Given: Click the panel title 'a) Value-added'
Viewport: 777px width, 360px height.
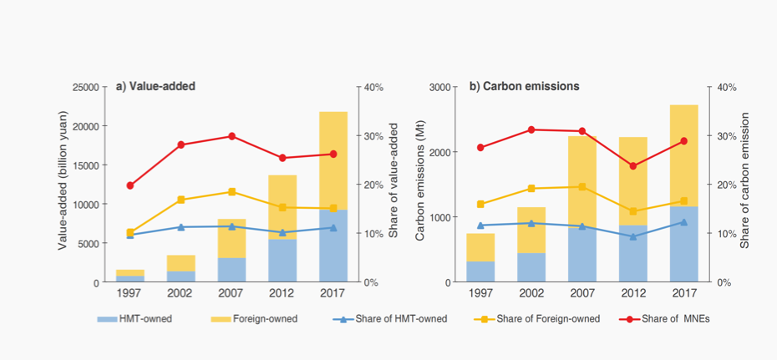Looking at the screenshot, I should click(x=161, y=86).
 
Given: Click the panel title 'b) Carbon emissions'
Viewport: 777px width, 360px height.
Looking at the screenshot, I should click(x=524, y=86).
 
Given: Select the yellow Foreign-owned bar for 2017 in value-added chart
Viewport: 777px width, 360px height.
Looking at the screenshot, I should click(x=333, y=159).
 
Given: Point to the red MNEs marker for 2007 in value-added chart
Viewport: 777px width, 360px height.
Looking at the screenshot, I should click(x=231, y=136).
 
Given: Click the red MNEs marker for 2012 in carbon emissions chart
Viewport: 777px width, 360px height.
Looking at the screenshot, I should click(x=633, y=166).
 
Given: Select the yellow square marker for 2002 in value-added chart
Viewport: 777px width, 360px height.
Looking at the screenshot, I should click(x=180, y=200).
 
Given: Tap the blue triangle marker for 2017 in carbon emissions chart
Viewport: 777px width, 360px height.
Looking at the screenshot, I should click(x=684, y=222).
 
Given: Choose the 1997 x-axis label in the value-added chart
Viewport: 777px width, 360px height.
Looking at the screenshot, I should click(x=129, y=293).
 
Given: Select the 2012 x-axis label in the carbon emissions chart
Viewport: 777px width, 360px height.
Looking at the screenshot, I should click(x=633, y=293).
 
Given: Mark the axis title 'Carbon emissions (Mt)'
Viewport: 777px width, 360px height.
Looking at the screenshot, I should click(x=421, y=183).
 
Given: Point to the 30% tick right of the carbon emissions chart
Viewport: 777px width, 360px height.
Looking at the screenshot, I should click(x=719, y=136).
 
